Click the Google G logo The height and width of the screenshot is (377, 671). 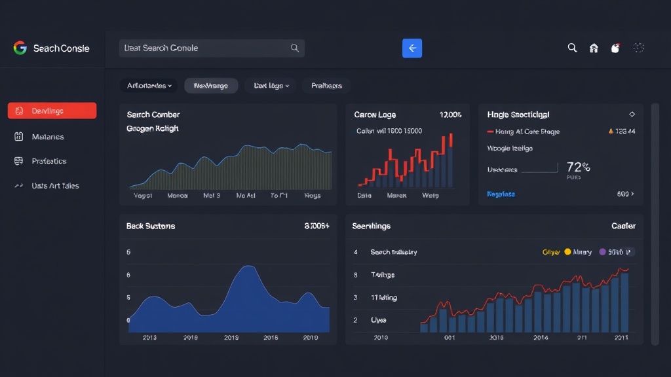coord(20,48)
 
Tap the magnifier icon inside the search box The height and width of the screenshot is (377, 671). coord(295,48)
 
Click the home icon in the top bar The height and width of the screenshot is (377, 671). coord(594,48)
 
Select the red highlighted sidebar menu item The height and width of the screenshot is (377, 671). coord(52,111)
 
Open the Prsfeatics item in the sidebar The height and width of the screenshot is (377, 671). coord(49,161)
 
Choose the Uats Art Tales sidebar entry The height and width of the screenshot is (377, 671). coord(55,186)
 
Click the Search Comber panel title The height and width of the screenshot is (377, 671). coord(153,115)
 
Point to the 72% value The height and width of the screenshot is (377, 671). coord(578,167)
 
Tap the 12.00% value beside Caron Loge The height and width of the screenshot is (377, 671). coord(450,115)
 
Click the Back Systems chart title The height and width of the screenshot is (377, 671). coord(150,226)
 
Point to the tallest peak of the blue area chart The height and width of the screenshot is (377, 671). coord(247,266)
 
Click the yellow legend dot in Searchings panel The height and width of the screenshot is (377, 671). coord(567,252)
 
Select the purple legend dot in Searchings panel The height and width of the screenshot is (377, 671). coord(603,252)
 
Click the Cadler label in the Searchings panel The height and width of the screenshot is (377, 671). coord(623,226)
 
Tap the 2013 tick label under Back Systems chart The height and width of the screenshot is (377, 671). coord(149,338)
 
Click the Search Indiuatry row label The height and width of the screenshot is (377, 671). coord(393,252)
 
